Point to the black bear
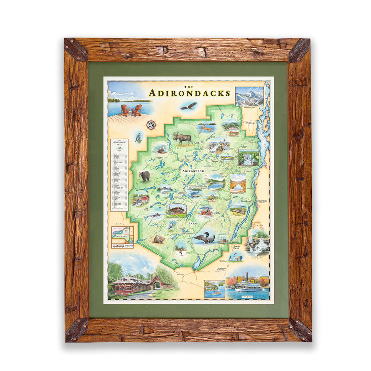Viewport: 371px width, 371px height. point(144,176)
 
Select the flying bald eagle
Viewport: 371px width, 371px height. point(188,106)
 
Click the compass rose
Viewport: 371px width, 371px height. point(151,125)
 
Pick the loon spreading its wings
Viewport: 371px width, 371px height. point(204,237)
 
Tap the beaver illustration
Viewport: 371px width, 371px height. point(160,239)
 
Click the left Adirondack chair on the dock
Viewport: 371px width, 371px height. point(125,109)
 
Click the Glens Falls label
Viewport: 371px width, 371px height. point(236,247)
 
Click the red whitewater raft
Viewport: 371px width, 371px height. point(206,211)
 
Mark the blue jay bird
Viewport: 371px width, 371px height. point(138,137)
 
